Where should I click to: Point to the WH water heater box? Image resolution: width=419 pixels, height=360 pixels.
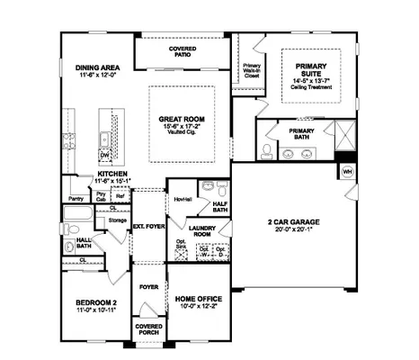point(347,171)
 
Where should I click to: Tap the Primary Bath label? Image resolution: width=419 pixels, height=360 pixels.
point(300,131)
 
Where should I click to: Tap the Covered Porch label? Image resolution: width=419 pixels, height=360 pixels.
point(147,329)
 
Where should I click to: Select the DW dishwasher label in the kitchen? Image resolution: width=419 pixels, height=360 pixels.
point(105,154)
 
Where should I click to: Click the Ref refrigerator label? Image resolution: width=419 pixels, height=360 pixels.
point(120,195)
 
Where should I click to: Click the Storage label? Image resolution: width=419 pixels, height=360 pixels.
point(117,218)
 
